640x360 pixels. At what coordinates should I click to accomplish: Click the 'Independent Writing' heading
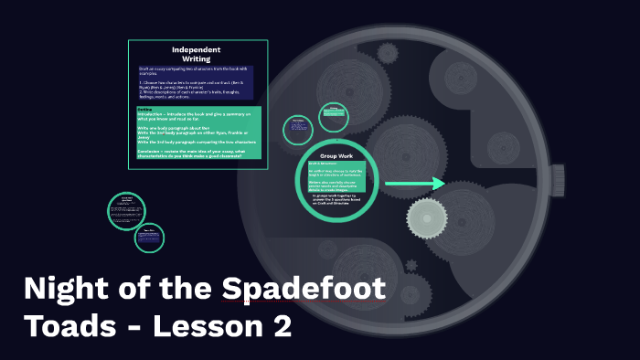pos(197,53)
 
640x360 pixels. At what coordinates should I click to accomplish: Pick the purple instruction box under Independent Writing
pos(197,82)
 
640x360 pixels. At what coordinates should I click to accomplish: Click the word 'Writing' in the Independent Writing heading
pos(197,58)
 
